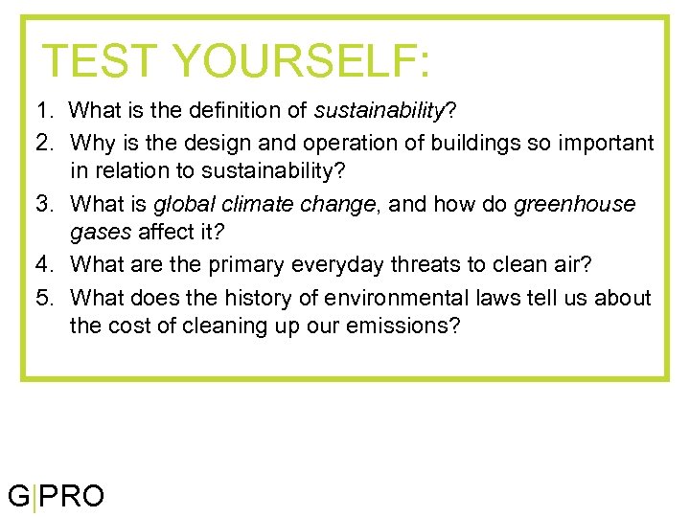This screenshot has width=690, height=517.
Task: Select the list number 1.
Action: (44, 112)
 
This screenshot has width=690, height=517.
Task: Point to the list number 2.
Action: (44, 144)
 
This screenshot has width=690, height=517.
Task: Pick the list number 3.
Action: (44, 204)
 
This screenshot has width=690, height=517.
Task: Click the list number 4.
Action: (44, 263)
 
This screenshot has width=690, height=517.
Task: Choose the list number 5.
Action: (44, 298)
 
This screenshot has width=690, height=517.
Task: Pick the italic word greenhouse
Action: (575, 204)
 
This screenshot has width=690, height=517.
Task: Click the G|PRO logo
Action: (57, 496)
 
